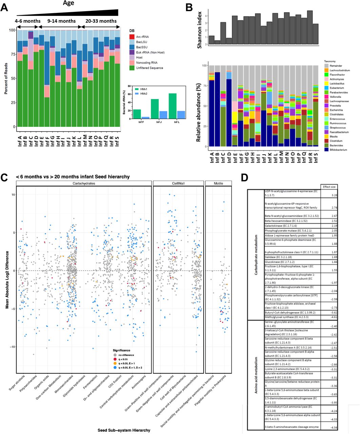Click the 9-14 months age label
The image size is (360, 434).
click(61, 21)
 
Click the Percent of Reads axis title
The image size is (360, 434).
click(6, 78)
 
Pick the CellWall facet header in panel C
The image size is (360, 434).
click(178, 183)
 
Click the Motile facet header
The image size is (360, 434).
click(218, 183)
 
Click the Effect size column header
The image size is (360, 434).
click(329, 186)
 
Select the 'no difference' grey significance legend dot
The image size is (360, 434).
click(115, 355)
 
